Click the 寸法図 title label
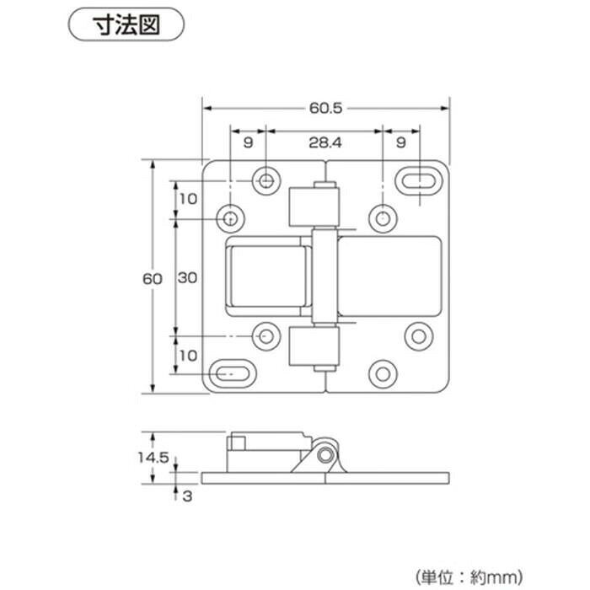[x=126, y=24]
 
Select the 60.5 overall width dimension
[x=326, y=109]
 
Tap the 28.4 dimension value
[x=325, y=142]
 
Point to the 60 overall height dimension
[x=153, y=279]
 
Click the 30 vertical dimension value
[x=187, y=277]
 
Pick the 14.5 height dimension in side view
[x=153, y=458]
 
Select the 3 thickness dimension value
[x=187, y=496]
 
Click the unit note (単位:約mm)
[x=469, y=577]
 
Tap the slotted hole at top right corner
[x=418, y=181]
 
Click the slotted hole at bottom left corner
[x=232, y=374]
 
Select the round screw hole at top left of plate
[x=266, y=181]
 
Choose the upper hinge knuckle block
[x=314, y=207]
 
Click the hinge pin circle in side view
[x=325, y=455]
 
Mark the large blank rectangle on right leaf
[x=389, y=276]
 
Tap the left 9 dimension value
[x=248, y=142]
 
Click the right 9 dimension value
[x=401, y=142]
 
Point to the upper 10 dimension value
[x=188, y=199]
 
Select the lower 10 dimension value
[x=188, y=355]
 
